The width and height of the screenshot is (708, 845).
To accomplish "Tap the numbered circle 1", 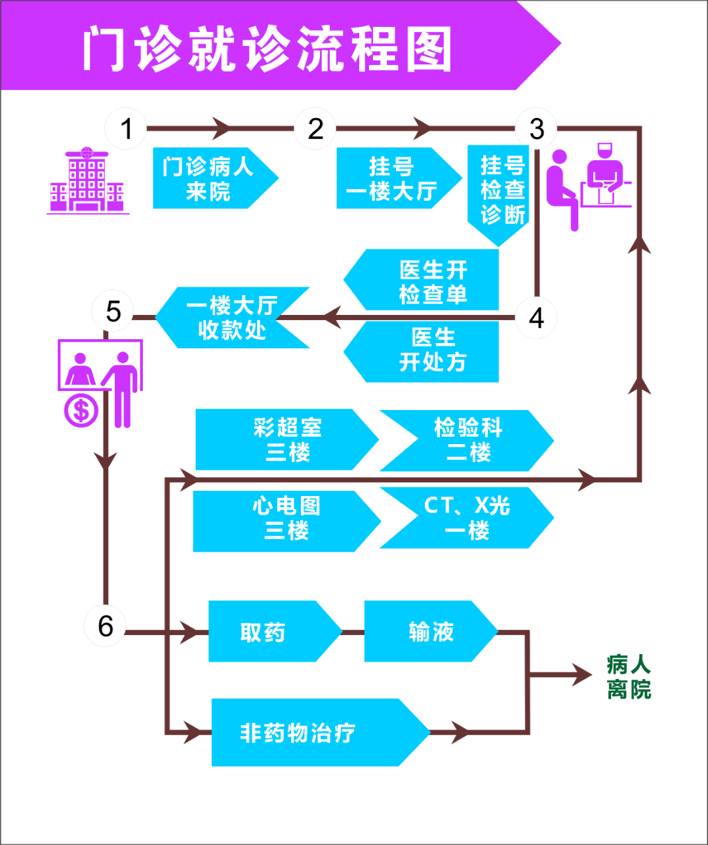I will (127, 128).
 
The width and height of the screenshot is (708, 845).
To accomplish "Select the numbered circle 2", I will (315, 128).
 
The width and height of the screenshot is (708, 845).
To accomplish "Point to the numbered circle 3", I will (536, 129).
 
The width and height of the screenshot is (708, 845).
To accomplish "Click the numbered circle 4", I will (536, 318).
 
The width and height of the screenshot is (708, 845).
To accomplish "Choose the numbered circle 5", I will (113, 311).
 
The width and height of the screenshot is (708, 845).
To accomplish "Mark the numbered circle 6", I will (106, 626).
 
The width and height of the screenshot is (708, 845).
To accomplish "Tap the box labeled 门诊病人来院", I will (208, 178).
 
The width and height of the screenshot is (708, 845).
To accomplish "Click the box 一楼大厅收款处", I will (233, 318).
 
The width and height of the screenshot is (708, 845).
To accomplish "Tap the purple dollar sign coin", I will (81, 410).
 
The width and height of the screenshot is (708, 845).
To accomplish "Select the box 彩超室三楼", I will (287, 440).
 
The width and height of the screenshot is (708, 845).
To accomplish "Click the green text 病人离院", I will (628, 677).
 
